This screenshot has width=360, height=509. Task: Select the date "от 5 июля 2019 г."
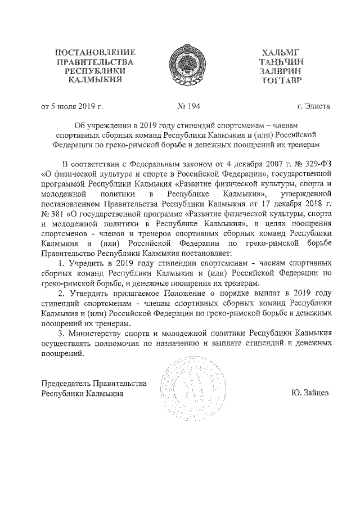pos(72,105)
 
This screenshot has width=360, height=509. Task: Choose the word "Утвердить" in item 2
pos(88,294)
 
